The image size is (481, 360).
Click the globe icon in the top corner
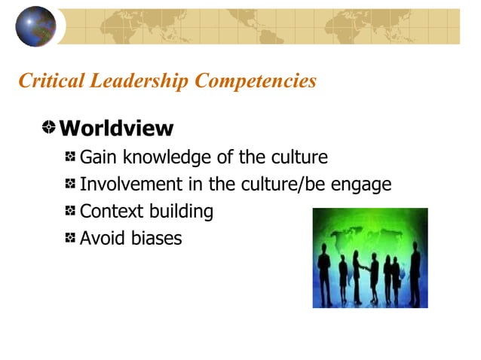(35, 26)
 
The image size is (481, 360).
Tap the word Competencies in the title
(255, 81)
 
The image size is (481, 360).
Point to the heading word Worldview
(116, 128)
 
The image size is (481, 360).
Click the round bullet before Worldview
(49, 127)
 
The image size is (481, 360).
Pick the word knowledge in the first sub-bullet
(167, 157)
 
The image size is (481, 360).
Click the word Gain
(99, 157)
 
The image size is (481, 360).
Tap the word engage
(363, 185)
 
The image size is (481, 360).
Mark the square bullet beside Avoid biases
(70, 239)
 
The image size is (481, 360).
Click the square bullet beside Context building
(70, 212)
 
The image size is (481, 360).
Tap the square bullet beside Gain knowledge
(70, 157)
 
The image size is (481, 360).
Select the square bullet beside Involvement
(70, 185)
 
